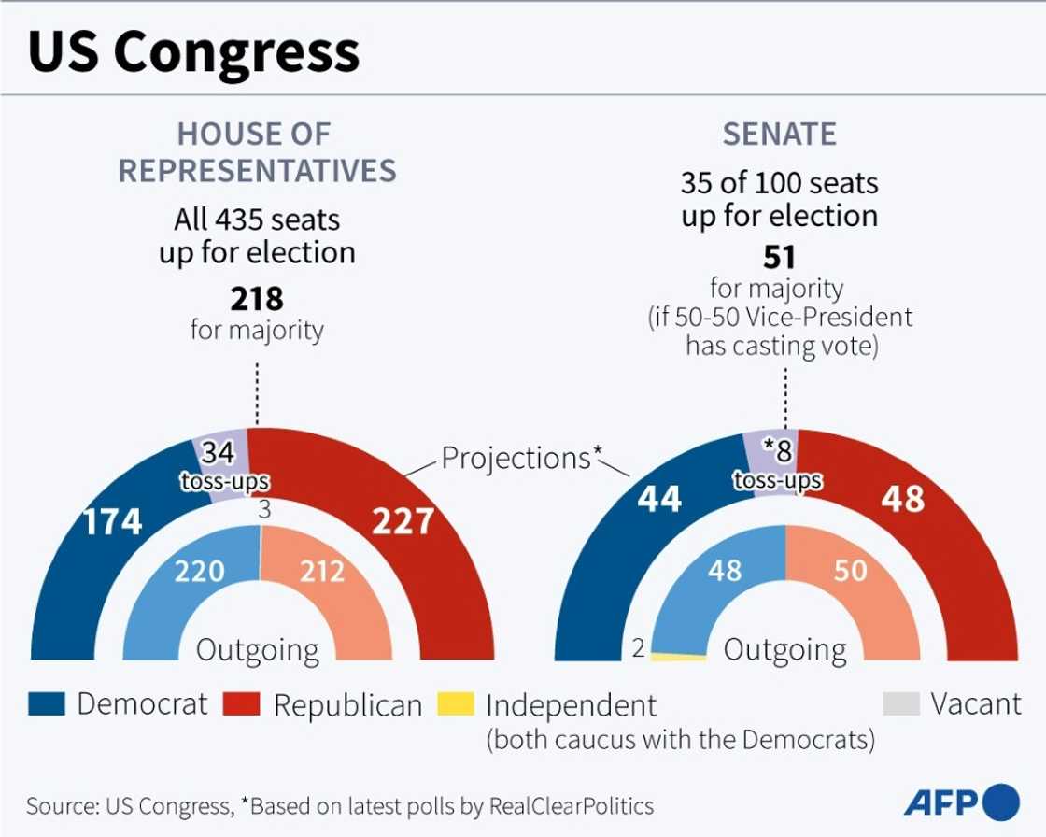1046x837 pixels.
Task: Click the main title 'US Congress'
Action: click(193, 53)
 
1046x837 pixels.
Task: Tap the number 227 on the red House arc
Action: click(403, 521)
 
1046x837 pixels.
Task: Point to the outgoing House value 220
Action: click(200, 570)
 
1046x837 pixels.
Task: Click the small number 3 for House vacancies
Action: click(265, 511)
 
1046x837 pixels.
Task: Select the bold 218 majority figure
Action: click(257, 299)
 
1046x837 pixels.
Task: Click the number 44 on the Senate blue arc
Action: click(659, 500)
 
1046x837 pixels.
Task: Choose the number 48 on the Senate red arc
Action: click(902, 500)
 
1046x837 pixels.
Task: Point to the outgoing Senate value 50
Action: click(851, 570)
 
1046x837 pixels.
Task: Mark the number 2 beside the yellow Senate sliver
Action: click(639, 648)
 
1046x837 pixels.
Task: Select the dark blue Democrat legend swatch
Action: click(47, 704)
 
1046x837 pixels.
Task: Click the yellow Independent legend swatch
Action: click(457, 704)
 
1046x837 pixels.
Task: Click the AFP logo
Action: click(961, 802)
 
